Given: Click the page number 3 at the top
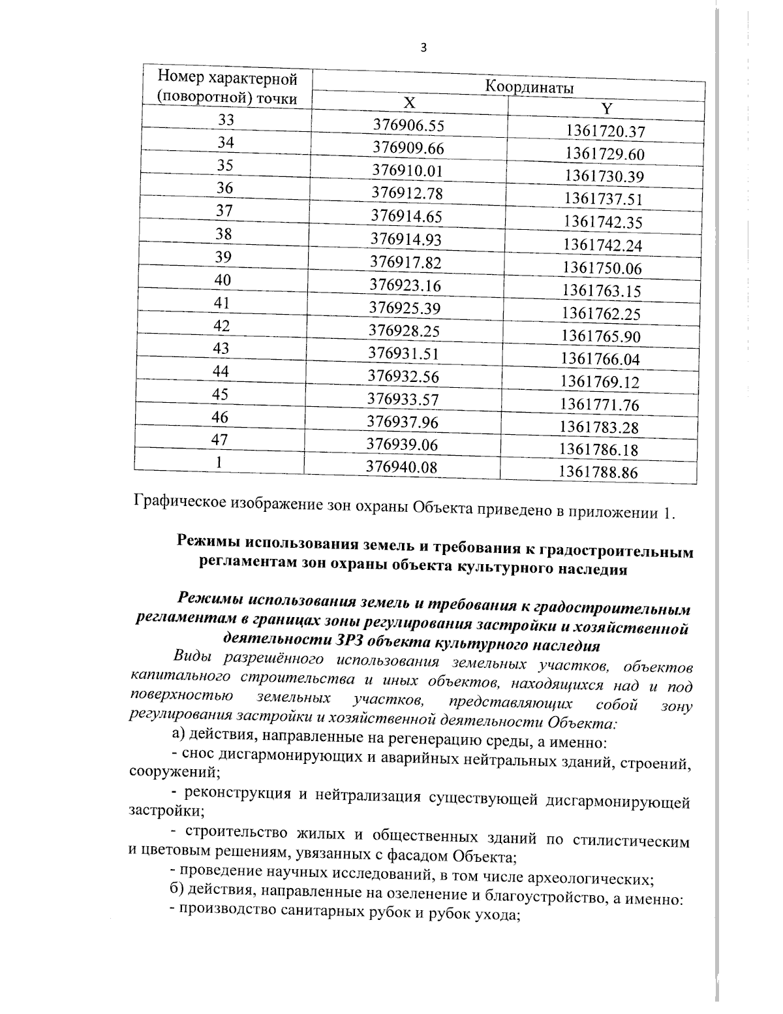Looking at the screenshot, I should (424, 47).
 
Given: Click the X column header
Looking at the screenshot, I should (408, 103).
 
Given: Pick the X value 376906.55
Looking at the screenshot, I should (408, 125).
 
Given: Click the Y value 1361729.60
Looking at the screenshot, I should (605, 154).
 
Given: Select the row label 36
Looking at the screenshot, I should (225, 188).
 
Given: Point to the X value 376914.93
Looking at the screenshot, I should (407, 239).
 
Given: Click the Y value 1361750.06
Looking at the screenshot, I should (602, 268).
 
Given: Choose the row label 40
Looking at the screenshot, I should (223, 280).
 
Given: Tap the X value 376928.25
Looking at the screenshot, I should (405, 330).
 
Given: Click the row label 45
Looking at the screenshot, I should (221, 394).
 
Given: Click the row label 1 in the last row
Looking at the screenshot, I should (220, 462).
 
